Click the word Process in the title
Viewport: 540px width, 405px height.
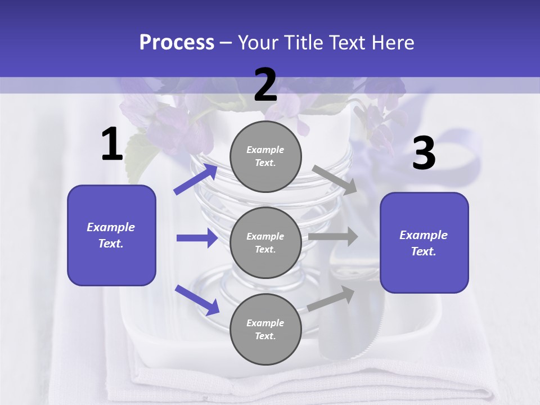tap(177, 43)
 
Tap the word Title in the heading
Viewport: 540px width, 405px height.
tap(300, 43)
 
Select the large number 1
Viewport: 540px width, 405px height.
tap(112, 145)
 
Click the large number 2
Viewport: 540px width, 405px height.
tap(265, 85)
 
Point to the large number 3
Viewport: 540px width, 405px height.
tap(424, 154)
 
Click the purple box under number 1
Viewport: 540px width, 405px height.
tap(111, 235)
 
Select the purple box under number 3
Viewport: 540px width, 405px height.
tap(424, 242)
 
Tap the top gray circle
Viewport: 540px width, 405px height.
tap(265, 156)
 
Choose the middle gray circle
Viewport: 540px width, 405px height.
tap(265, 242)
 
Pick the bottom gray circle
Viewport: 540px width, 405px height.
tap(265, 329)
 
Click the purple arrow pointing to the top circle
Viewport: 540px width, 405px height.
tap(196, 179)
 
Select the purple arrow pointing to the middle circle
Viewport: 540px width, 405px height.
tap(197, 238)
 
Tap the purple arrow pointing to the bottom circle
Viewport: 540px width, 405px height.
tap(197, 300)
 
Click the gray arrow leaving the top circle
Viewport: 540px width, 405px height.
tap(335, 179)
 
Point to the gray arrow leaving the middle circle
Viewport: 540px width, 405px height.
tap(333, 237)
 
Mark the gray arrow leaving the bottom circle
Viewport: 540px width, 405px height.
tap(331, 299)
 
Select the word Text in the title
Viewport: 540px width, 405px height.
tap(349, 43)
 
